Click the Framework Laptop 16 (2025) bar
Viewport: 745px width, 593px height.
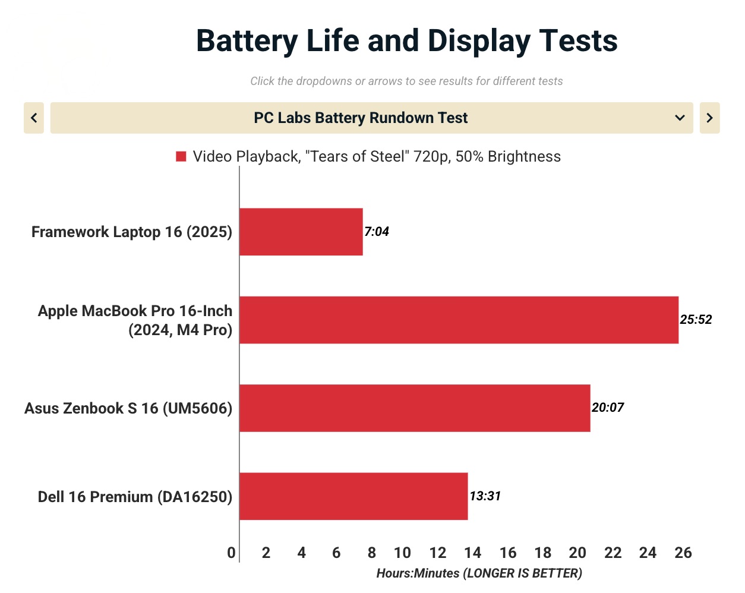click(x=301, y=232)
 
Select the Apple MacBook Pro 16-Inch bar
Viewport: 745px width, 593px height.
click(x=459, y=320)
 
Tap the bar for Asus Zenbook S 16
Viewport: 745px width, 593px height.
click(x=415, y=408)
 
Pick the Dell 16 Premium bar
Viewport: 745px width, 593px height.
click(x=353, y=496)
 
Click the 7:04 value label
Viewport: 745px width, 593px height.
click(x=377, y=232)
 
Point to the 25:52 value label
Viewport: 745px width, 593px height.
click(x=696, y=320)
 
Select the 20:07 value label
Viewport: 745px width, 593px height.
click(x=608, y=408)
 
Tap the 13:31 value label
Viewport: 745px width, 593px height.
click(x=485, y=496)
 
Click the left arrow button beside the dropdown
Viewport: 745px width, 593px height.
click(x=34, y=118)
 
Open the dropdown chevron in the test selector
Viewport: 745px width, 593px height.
click(x=680, y=118)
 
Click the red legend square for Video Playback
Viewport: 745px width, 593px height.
click(x=181, y=156)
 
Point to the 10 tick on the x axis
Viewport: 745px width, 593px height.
click(x=402, y=553)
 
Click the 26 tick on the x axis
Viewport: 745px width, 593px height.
click(x=683, y=553)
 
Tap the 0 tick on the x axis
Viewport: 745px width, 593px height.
click(x=231, y=553)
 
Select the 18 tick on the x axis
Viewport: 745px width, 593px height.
click(x=543, y=553)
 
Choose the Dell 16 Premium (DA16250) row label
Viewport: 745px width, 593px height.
click(x=135, y=497)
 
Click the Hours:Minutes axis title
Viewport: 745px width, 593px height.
click(x=479, y=573)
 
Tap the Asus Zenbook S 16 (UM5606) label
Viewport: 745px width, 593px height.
click(x=128, y=408)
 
